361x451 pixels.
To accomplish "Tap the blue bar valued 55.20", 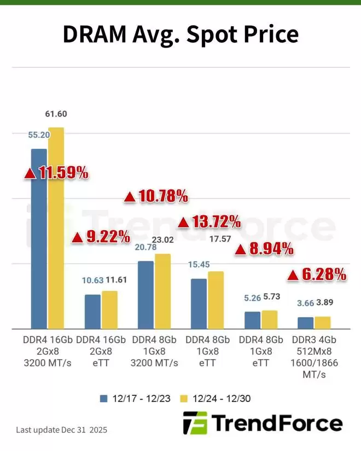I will (39, 238).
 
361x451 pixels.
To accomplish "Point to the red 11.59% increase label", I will (56, 173).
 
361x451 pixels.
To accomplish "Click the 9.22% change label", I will (101, 237).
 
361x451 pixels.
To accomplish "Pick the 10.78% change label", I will (156, 196).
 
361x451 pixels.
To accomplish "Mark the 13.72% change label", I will (209, 221).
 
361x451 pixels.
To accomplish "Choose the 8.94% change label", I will (265, 250).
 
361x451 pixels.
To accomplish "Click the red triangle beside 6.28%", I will (293, 276).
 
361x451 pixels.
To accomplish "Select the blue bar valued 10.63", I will (92, 311).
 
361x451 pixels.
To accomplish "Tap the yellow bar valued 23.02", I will (163, 291).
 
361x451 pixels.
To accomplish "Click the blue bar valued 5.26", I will (252, 320).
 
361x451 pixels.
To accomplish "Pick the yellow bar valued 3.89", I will (323, 323).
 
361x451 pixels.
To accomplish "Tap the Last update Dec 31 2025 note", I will (62, 430).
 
